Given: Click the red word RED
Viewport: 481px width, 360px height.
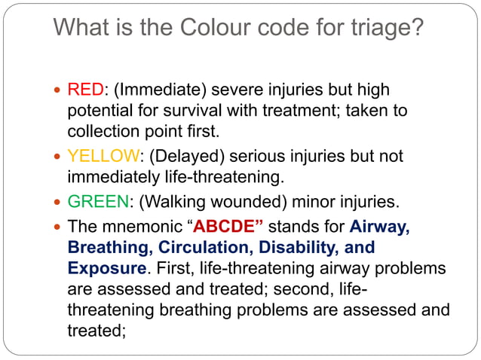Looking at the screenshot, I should click(x=84, y=90).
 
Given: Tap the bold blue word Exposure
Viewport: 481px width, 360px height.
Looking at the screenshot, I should click(x=106, y=268).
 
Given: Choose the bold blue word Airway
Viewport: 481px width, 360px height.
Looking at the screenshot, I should click(x=380, y=226).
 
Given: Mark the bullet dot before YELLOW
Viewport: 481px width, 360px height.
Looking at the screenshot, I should click(x=58, y=157).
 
